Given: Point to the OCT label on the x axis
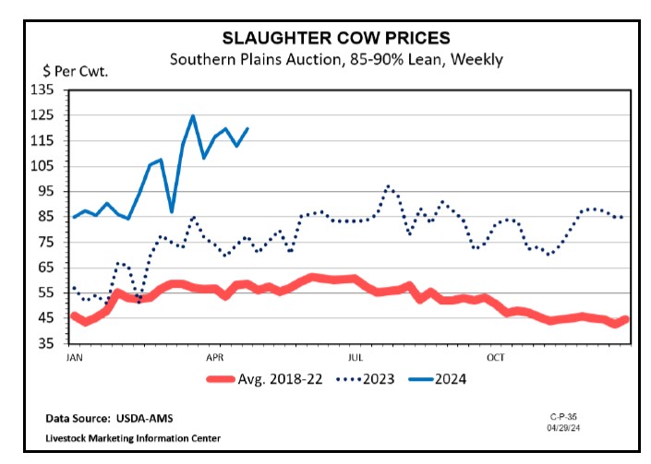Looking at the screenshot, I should tap(497, 355).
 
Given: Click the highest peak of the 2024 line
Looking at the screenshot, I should tap(192, 116).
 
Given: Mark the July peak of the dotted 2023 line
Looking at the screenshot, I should tap(388, 186).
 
